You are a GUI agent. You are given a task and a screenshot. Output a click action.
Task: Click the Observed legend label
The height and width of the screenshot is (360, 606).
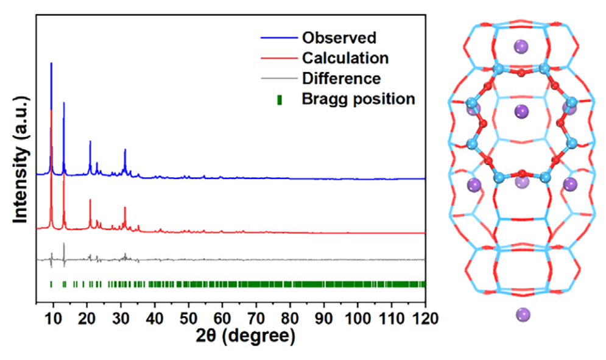(339, 38)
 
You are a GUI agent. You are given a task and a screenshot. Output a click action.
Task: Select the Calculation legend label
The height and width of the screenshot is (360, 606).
(345, 58)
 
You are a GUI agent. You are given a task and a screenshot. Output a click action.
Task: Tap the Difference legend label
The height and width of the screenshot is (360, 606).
(342, 79)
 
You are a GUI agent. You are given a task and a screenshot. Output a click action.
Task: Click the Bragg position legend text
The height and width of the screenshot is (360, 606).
(359, 99)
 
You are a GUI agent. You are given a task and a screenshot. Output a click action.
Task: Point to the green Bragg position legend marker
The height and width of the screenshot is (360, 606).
(280, 99)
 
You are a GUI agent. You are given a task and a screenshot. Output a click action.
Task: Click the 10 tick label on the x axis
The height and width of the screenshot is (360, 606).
(54, 318)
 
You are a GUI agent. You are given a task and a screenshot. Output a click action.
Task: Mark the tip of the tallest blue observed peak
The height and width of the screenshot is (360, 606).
(51, 63)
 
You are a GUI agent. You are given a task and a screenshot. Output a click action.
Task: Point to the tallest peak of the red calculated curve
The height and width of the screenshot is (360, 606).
(51, 110)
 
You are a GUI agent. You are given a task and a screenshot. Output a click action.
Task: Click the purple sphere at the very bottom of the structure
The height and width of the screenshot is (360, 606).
(523, 314)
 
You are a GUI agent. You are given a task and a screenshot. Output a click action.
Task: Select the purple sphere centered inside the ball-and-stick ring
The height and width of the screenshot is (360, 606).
(521, 111)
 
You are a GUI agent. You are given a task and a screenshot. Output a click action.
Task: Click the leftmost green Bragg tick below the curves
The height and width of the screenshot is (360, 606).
(51, 284)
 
